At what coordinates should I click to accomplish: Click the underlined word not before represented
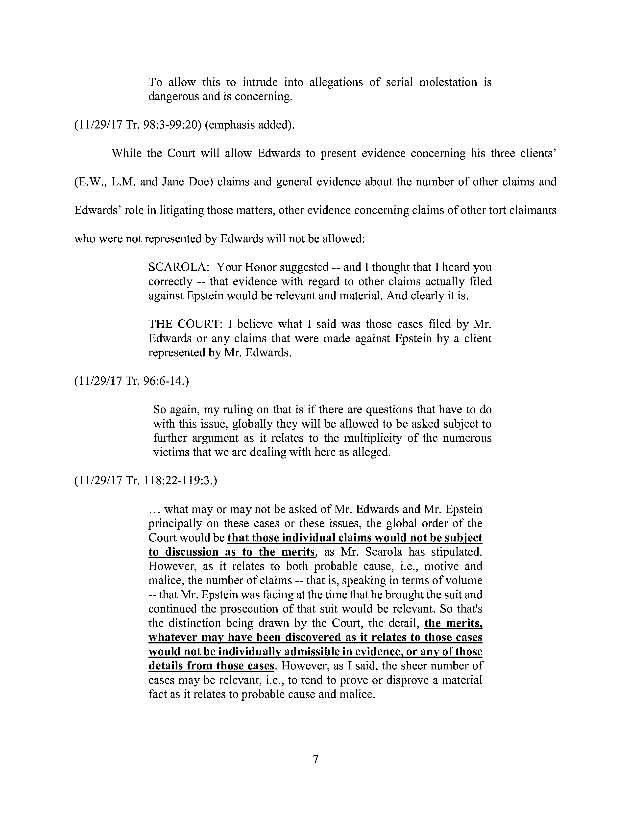133,239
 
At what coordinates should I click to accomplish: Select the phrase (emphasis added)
250,125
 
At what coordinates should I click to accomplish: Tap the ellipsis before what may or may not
154,510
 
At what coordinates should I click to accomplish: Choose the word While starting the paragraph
126,153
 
